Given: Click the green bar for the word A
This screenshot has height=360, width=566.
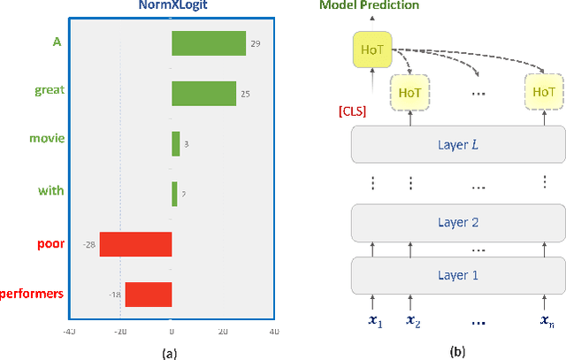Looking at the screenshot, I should pyautogui.click(x=208, y=43).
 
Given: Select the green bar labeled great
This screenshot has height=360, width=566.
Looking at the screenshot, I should pyautogui.click(x=203, y=93).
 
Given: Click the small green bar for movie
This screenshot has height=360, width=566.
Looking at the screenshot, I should pyautogui.click(x=175, y=143).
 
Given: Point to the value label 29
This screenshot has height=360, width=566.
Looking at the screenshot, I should pyautogui.click(x=255, y=43).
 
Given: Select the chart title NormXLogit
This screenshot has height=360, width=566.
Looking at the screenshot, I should pyautogui.click(x=172, y=6).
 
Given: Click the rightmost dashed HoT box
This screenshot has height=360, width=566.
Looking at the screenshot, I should pyautogui.click(x=541, y=91).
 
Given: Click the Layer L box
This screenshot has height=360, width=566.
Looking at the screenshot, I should pyautogui.click(x=457, y=143).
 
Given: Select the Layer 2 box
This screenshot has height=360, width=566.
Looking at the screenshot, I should pyautogui.click(x=457, y=223).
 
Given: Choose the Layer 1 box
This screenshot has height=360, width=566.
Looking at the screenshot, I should pyautogui.click(x=457, y=274).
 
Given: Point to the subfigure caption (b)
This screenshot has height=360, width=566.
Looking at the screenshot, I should pyautogui.click(x=457, y=351).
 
